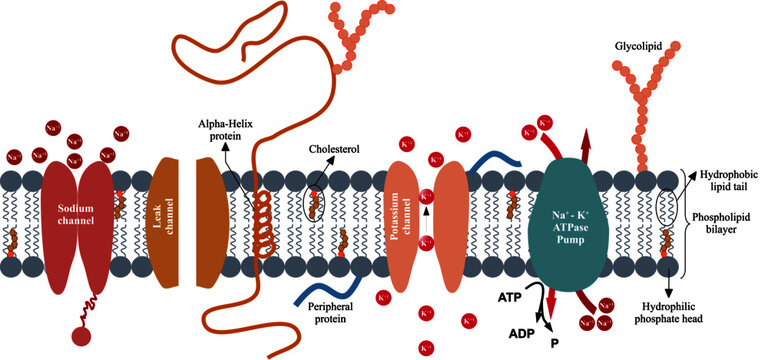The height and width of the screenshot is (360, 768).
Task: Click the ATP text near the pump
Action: (510, 298)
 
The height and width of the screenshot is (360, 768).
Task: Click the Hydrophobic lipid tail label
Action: (727, 178)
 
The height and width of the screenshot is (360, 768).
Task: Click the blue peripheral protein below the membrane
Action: (310, 299)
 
